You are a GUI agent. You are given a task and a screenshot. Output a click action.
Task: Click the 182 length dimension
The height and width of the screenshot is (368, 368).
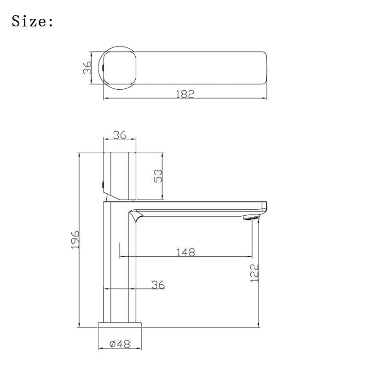[x=185, y=94]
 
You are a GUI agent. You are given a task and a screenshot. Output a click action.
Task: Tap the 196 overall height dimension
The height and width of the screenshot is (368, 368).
[x=75, y=240]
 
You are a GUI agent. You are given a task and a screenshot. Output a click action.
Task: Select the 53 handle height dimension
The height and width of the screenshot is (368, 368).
[x=158, y=176]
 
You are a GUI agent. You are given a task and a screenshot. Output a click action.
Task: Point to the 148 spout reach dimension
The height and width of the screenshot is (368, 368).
[x=185, y=252]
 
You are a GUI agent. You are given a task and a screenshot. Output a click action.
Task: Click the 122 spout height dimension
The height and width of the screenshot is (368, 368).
[x=254, y=273]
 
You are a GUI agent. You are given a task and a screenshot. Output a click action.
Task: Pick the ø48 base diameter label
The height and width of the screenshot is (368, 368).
[x=120, y=344]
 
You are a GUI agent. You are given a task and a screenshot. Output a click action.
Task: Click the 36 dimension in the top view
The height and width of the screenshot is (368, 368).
[x=87, y=67]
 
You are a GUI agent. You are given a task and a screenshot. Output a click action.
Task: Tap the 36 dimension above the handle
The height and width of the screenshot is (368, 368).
[x=120, y=135]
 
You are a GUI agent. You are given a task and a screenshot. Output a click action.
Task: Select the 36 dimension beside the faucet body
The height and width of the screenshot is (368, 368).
[x=158, y=284]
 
